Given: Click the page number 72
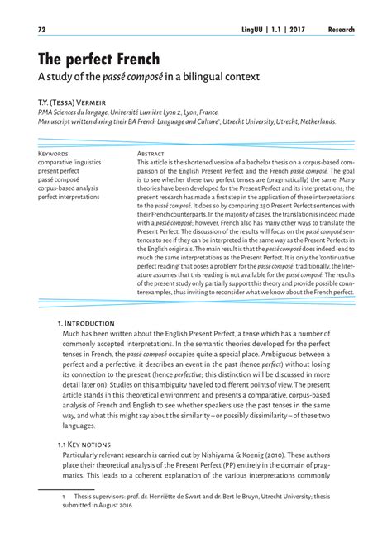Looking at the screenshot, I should [x=41, y=30].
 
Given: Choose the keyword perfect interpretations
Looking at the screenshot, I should [x=72, y=198].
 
